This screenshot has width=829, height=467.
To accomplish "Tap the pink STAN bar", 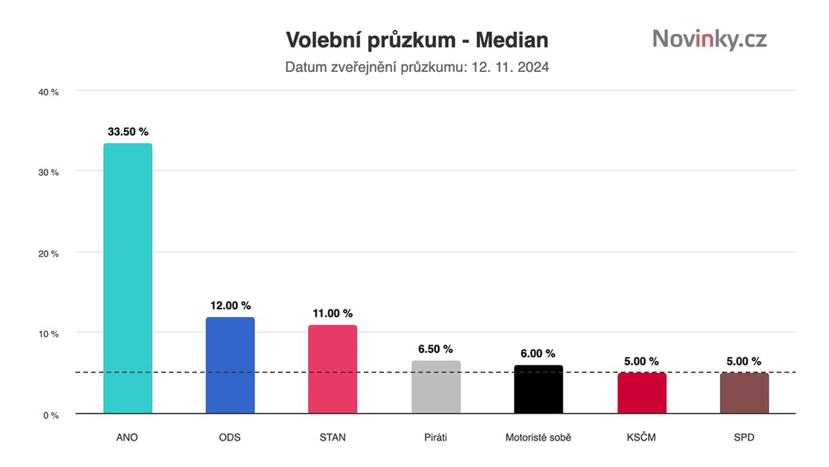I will [333, 369].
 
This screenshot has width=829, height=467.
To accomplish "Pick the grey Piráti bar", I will [436, 387].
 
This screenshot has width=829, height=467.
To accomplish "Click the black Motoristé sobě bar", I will [539, 390].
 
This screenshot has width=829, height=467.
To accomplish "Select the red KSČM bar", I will [642, 394].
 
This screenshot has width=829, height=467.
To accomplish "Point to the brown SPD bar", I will [744, 394].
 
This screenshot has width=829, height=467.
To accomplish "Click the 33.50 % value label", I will [128, 131].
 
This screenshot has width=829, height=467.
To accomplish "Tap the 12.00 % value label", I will [230, 305].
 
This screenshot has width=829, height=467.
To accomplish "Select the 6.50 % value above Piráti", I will [436, 349].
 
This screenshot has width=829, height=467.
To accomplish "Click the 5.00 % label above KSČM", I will [642, 361].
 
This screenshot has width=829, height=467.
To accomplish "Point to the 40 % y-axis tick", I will [48, 92].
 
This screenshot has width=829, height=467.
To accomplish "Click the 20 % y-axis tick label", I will [48, 254].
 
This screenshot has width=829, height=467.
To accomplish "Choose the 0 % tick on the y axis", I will [51, 416].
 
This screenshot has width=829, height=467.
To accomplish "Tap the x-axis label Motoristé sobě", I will [539, 438].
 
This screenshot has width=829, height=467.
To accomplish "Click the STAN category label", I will [333, 438].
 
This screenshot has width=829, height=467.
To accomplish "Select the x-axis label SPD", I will [744, 438].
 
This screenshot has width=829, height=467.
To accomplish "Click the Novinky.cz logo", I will [709, 39].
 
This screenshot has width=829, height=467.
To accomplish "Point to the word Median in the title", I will [512, 40].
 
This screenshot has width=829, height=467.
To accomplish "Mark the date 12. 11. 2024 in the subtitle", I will [511, 68].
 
